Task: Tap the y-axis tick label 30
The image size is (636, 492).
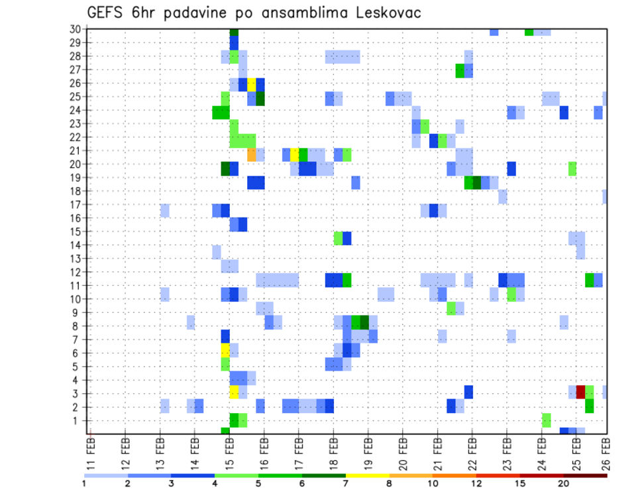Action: pyautogui.click(x=75, y=29)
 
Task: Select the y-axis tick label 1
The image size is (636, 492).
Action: pyautogui.click(x=78, y=420)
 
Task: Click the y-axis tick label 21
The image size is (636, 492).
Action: pyautogui.click(x=75, y=151)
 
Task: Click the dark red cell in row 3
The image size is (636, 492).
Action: pyautogui.click(x=581, y=391)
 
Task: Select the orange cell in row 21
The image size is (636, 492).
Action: pyautogui.click(x=252, y=154)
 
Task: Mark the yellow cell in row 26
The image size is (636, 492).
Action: pyautogui.click(x=252, y=84)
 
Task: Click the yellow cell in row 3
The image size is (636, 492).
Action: pyautogui.click(x=234, y=391)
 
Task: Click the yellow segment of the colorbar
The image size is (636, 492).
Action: pyautogui.click(x=368, y=475)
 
